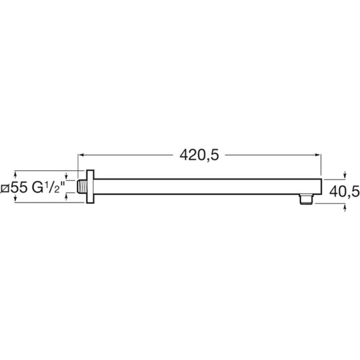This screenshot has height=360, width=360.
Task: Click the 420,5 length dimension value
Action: click(199, 155)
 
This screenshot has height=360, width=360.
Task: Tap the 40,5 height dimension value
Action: click(344, 191)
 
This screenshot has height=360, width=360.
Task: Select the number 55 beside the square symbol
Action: click(19, 188)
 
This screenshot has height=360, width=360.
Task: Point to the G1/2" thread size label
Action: click(48, 188)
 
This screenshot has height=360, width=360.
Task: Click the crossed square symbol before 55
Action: click(5, 188)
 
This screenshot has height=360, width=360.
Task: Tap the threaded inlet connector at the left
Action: click(82, 186)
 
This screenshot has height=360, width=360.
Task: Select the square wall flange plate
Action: click(91, 186)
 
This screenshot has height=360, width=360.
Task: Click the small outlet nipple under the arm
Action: click(307, 199)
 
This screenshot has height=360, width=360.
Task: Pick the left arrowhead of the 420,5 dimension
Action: click(80, 155)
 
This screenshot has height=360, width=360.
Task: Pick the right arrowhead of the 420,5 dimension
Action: click(318, 155)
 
